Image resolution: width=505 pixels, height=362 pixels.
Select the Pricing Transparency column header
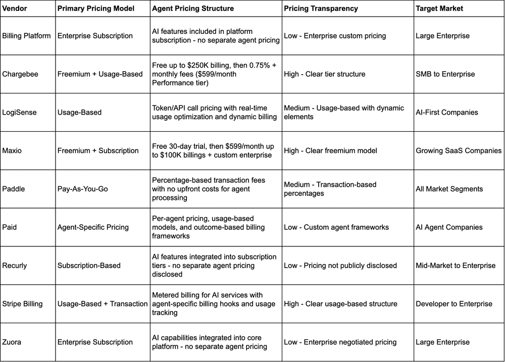coord(321,9)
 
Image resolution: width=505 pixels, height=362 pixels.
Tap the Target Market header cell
coord(440,9)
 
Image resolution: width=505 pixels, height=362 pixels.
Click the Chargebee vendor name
coord(21,74)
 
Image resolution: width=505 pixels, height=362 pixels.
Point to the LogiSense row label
coord(20,112)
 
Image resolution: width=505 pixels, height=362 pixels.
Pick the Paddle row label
coord(14,189)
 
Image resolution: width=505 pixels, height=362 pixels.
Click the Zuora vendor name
coord(12,342)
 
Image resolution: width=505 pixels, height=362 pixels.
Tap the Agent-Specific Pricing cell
coord(93,227)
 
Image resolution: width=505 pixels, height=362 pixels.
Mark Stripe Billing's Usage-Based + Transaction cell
coord(103,304)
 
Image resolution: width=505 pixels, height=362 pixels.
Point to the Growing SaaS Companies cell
coord(459,150)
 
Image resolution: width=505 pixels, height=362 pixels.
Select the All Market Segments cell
coord(449,189)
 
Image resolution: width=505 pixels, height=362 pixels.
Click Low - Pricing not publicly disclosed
coord(340,266)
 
